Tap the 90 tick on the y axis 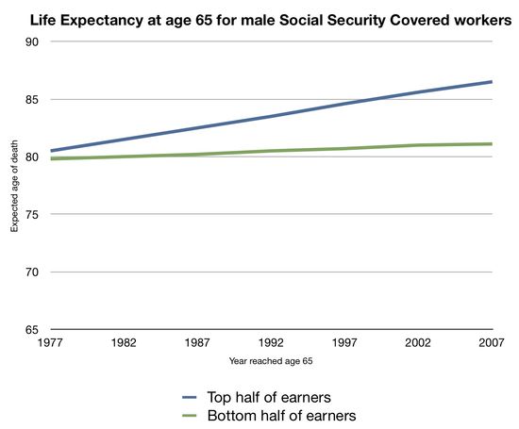31,41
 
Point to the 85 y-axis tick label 31,99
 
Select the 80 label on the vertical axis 31,157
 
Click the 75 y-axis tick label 31,214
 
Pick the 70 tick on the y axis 31,272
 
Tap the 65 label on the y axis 31,329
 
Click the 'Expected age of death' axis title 14,186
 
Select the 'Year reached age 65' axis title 270,361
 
